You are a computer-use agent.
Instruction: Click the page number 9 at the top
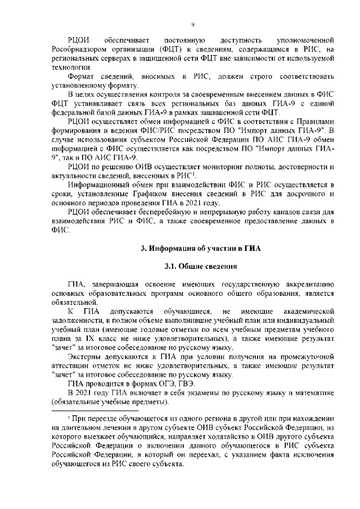(192, 24)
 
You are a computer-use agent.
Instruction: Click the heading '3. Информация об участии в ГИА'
(192, 248)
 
